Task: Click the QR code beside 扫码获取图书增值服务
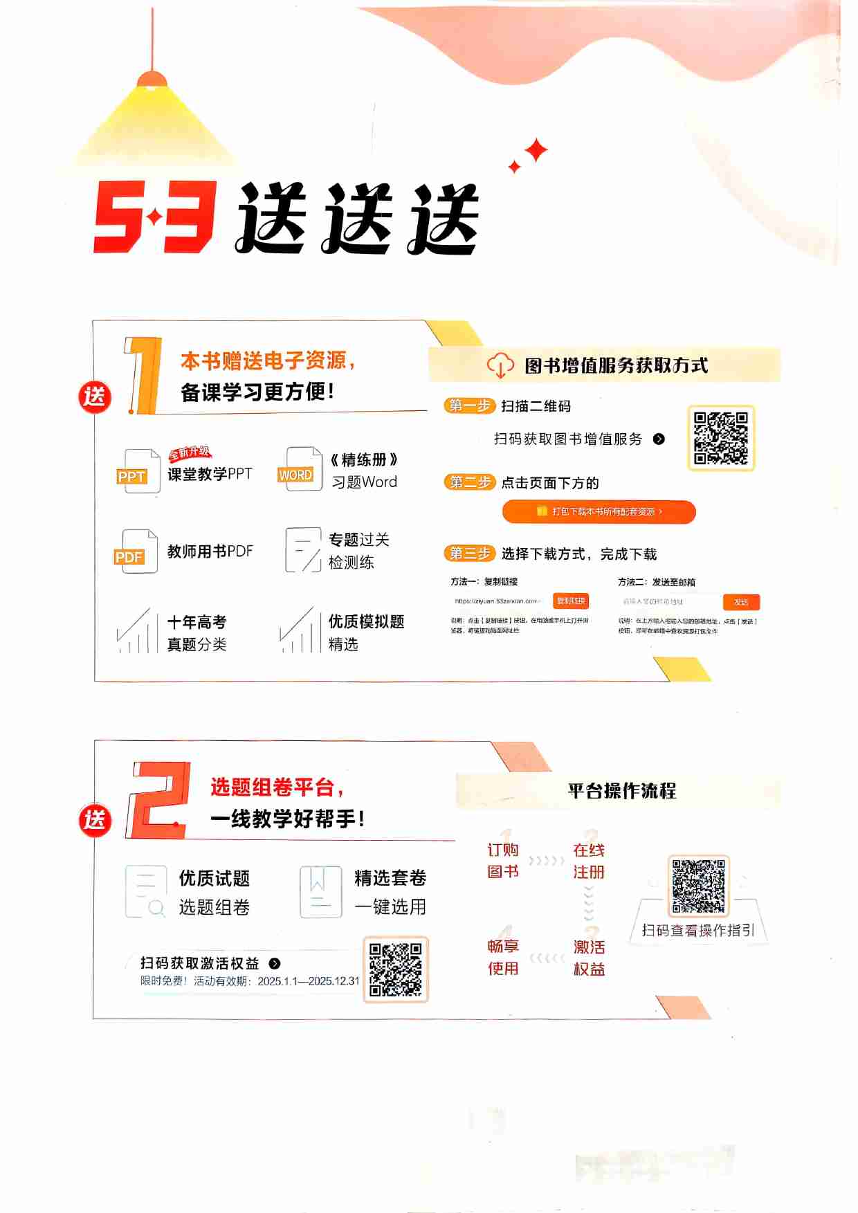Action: (x=720, y=438)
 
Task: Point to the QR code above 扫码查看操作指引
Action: (x=698, y=886)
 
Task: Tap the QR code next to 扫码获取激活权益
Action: (x=395, y=969)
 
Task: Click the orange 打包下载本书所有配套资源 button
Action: (x=599, y=512)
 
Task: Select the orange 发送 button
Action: (x=741, y=602)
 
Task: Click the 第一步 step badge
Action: (x=469, y=405)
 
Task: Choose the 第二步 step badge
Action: (x=469, y=482)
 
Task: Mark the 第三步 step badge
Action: (x=469, y=554)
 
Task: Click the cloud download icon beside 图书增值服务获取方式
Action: (x=500, y=365)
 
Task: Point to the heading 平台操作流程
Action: (x=621, y=791)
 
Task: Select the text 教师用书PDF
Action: (x=210, y=551)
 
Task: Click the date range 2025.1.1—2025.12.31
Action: (x=309, y=981)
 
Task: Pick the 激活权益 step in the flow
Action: (x=589, y=958)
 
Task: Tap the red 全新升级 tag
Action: (x=189, y=453)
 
